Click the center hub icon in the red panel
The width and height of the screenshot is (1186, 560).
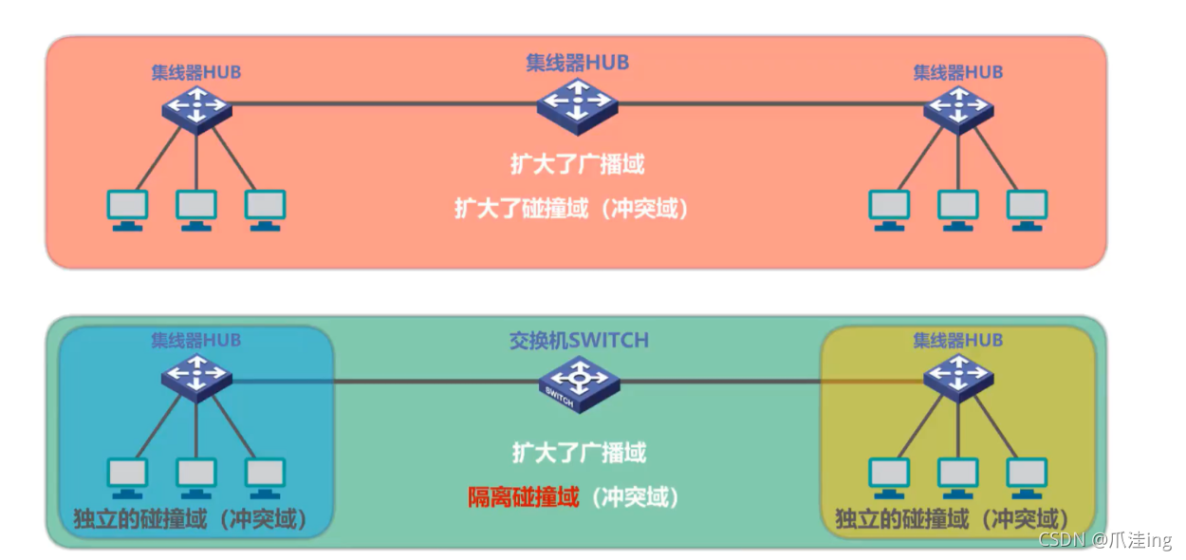pyautogui.click(x=577, y=102)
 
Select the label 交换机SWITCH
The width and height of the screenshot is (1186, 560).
pyautogui.click(x=579, y=341)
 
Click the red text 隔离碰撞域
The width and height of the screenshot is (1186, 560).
pyautogui.click(x=523, y=496)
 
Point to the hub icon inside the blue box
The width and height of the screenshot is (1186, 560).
pyautogui.click(x=196, y=376)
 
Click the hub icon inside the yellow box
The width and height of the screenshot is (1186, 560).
pyautogui.click(x=958, y=376)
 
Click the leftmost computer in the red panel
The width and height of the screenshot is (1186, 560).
pyautogui.click(x=127, y=210)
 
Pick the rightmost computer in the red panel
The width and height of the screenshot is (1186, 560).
pyautogui.click(x=1027, y=210)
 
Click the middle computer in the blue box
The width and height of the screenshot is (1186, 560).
pyautogui.click(x=196, y=477)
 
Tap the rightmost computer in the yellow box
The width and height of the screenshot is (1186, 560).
pyautogui.click(x=1027, y=477)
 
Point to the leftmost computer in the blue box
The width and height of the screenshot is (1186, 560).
pyautogui.click(x=127, y=477)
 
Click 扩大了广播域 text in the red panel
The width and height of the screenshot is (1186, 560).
pyautogui.click(x=578, y=163)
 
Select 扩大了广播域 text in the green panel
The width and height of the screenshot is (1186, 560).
pyautogui.click(x=579, y=453)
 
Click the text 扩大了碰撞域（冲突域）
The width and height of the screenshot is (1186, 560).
pyautogui.click(x=571, y=209)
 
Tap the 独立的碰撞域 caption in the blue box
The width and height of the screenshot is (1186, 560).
pyautogui.click(x=195, y=520)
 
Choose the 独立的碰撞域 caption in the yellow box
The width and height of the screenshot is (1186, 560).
pyautogui.click(x=953, y=520)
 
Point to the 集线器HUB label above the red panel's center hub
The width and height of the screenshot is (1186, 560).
pyautogui.click(x=578, y=63)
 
